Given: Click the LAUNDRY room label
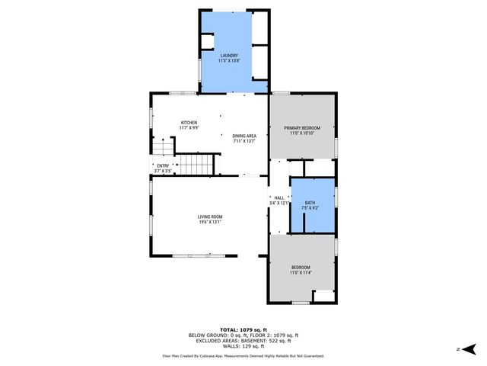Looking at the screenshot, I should pyautogui.click(x=230, y=56).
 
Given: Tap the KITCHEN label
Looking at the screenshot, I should pyautogui.click(x=189, y=123).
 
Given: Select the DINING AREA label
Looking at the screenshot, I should pyautogui.click(x=244, y=136).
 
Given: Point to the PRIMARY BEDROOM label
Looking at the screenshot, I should pyautogui.click(x=302, y=127).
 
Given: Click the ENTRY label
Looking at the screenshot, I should pyautogui.click(x=163, y=165).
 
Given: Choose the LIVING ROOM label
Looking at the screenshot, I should pyautogui.click(x=211, y=217).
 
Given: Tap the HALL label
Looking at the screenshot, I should pyautogui.click(x=279, y=197).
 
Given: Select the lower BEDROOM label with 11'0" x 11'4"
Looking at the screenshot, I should pyautogui.click(x=301, y=267).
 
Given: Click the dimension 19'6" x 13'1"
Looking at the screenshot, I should pyautogui.click(x=211, y=222).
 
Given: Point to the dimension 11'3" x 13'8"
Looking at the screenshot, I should pyautogui.click(x=230, y=61).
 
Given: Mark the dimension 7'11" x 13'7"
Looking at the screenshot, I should pyautogui.click(x=244, y=141).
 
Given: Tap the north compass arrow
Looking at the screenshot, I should pyautogui.click(x=469, y=349).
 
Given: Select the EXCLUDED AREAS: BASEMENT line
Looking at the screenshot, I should pyautogui.click(x=243, y=340).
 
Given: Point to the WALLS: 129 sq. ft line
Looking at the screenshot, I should pyautogui.click(x=243, y=346).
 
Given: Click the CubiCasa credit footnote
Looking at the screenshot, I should pyautogui.click(x=243, y=356).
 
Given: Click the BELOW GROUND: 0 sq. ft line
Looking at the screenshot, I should pyautogui.click(x=243, y=334).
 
